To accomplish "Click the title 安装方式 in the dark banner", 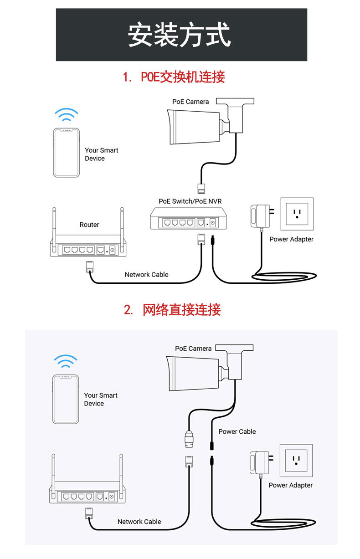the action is tap(179, 35).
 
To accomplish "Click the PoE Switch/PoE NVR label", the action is tap(190, 201).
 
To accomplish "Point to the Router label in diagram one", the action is tap(89, 225).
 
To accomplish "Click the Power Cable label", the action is tap(237, 431).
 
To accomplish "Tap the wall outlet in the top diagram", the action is tap(297, 214).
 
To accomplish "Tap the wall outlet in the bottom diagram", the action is tap(296, 461).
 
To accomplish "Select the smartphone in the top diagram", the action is tap(67, 153).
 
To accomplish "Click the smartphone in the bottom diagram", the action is tap(66, 399).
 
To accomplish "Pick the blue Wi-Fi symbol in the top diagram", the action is tap(67, 114).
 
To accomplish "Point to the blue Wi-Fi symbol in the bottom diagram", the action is tap(66, 361).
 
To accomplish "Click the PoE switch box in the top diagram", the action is tap(188, 219).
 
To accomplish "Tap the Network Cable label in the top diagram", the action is tap(147, 275).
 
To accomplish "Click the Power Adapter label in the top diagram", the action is tap(291, 239).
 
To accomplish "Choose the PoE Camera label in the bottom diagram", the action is tap(193, 349).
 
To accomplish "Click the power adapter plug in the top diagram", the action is tap(262, 216).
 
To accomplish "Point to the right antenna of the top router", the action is tap(122, 229).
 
